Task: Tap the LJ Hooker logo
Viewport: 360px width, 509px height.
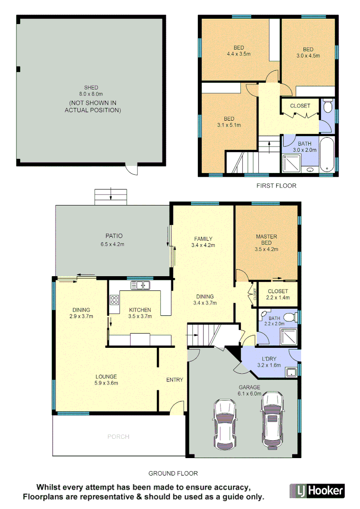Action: point(316,491)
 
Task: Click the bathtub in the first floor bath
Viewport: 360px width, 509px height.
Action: point(327,155)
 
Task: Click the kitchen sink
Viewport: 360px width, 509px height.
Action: point(140,285)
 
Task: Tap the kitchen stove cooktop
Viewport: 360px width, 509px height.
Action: point(114,300)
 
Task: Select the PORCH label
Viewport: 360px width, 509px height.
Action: point(118,437)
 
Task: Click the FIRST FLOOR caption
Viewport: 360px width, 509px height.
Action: point(276,186)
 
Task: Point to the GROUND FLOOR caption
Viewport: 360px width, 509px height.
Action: point(173,473)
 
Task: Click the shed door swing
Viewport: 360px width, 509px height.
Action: point(131,169)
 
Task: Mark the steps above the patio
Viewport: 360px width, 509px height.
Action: point(111,197)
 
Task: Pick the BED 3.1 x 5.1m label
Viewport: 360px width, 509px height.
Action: point(229,122)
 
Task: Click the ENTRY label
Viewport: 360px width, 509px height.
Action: point(174,380)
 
